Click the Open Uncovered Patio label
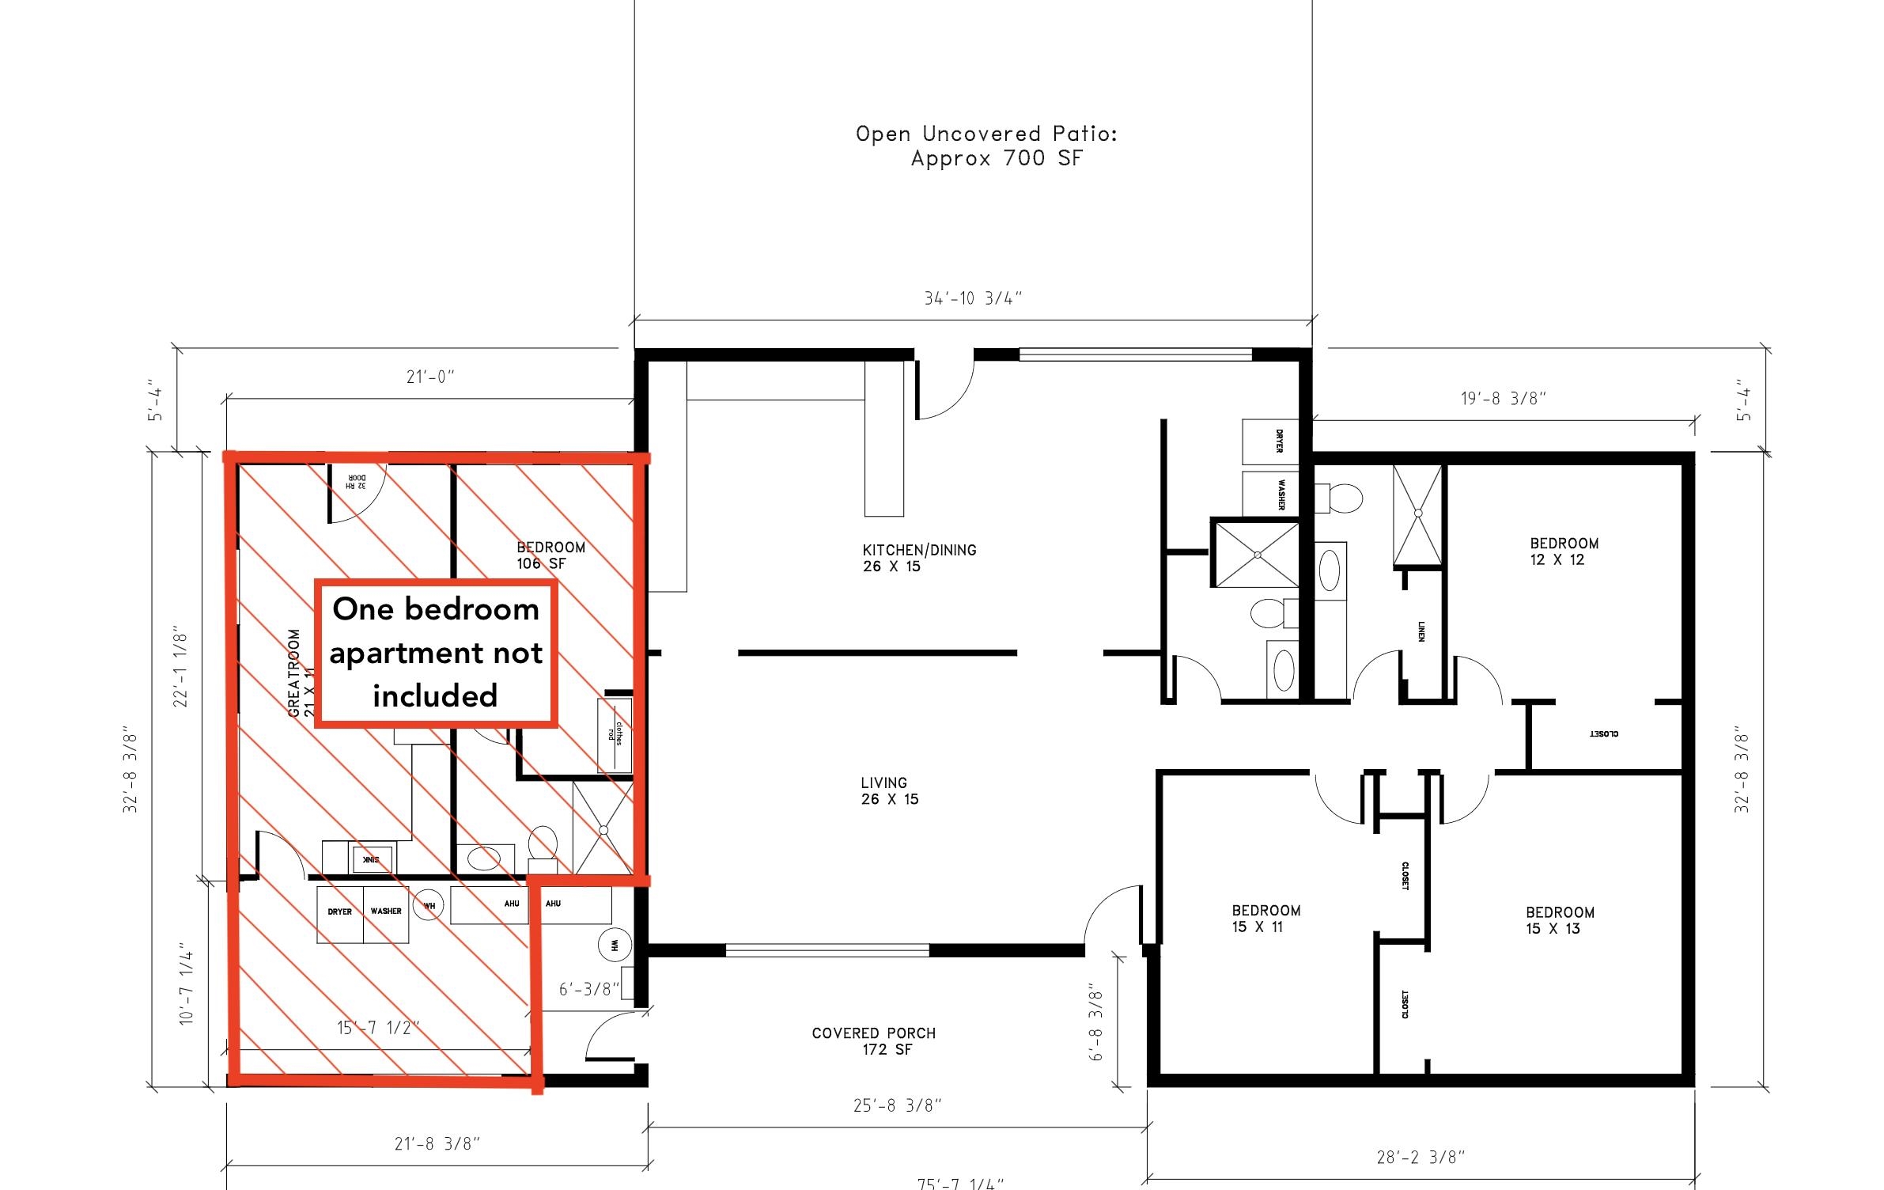pyautogui.click(x=986, y=146)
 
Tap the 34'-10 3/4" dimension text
pyautogui.click(x=973, y=298)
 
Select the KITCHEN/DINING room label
pyautogui.click(x=918, y=557)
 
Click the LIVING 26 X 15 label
pyautogui.click(x=888, y=790)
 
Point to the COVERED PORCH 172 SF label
pyautogui.click(x=873, y=1040)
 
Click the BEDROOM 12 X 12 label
pyautogui.click(x=1563, y=551)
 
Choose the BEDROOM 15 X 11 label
pyautogui.click(x=1265, y=918)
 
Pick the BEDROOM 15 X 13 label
pyautogui.click(x=1559, y=919)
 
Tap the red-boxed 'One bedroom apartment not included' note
pyautogui.click(x=436, y=653)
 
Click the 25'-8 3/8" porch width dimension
pyautogui.click(x=897, y=1105)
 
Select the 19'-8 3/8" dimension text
pyautogui.click(x=1503, y=398)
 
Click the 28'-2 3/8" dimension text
pyautogui.click(x=1421, y=1157)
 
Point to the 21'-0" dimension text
pyautogui.click(x=430, y=377)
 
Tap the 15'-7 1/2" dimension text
pyautogui.click(x=377, y=1028)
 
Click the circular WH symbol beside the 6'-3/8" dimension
pyautogui.click(x=615, y=945)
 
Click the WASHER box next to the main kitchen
pyautogui.click(x=1270, y=494)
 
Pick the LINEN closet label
pyautogui.click(x=1421, y=631)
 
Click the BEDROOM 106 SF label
pyautogui.click(x=550, y=555)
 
